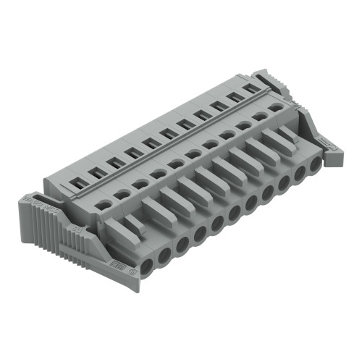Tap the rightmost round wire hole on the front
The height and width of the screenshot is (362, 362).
(315, 164)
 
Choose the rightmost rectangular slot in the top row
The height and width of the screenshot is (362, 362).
(251, 88)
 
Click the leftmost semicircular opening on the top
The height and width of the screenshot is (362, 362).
(104, 205)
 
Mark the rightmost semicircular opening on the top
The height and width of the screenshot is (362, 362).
(277, 107)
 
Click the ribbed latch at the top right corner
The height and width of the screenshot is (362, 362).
(279, 81)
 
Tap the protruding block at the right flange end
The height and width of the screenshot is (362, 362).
(335, 156)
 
